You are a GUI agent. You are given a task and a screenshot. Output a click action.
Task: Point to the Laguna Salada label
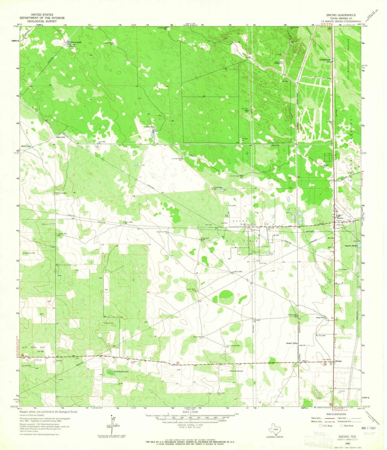tap(350, 246)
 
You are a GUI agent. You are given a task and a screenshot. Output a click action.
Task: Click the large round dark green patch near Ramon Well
tap(225, 296)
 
